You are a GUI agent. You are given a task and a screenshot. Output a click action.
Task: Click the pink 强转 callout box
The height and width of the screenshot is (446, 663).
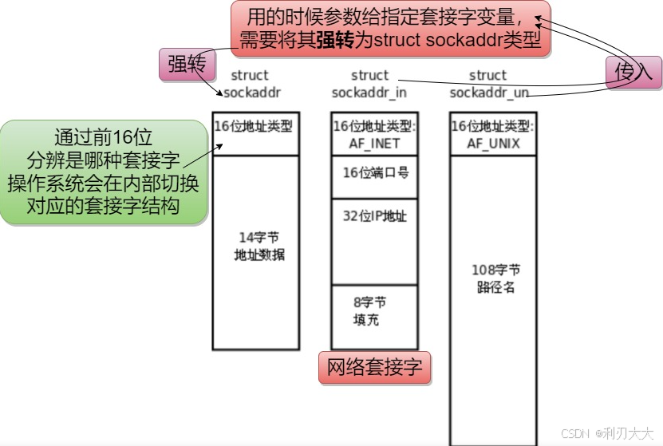click(187, 65)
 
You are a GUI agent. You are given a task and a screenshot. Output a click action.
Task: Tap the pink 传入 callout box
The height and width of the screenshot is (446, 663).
click(633, 72)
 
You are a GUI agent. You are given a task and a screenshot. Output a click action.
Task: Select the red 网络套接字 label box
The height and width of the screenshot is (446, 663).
click(374, 368)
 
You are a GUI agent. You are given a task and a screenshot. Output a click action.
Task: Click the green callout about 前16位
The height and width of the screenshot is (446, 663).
click(104, 172)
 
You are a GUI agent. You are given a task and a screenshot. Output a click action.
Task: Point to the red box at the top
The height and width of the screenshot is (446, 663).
click(391, 29)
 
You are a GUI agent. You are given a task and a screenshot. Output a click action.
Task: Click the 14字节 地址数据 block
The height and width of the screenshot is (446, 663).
click(256, 251)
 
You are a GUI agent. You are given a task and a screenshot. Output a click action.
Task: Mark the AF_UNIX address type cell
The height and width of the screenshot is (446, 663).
click(492, 134)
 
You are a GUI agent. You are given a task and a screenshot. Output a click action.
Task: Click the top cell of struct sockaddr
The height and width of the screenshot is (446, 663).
click(256, 133)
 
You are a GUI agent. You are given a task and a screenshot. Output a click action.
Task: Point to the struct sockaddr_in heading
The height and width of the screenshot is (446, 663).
click(369, 84)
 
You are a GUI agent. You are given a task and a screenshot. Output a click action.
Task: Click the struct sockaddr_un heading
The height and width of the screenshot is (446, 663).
click(488, 84)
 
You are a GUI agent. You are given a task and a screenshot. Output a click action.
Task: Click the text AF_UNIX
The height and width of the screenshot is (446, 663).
click(493, 144)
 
